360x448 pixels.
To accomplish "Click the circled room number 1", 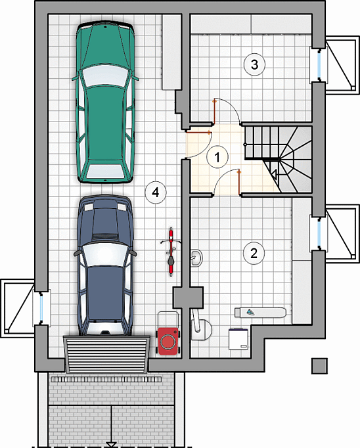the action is tap(217, 157).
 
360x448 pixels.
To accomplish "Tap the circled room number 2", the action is tap(254, 253).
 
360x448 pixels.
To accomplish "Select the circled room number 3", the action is tap(254, 64).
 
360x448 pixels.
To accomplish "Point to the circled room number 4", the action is tap(156, 192).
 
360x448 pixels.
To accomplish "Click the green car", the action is tap(105, 103).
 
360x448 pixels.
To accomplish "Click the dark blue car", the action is tap(105, 266).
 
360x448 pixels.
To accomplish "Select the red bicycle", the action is tap(171, 252).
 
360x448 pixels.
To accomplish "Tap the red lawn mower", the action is tap(168, 334).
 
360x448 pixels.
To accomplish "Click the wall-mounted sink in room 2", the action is tap(196, 258).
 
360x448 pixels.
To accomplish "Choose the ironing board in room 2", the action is tap(260, 312).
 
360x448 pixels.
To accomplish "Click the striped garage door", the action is tap(107, 354).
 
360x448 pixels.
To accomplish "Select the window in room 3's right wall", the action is tap(319, 65).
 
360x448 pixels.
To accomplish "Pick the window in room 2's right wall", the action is tap(319, 234).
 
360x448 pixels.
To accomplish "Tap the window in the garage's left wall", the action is tap(41, 307).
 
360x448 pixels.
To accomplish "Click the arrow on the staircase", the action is tap(274, 174).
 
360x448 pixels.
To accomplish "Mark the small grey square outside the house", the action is tap(319, 366).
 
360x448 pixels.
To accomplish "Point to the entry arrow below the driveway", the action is tap(111, 445).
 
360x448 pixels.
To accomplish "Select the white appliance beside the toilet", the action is tap(238, 339).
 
